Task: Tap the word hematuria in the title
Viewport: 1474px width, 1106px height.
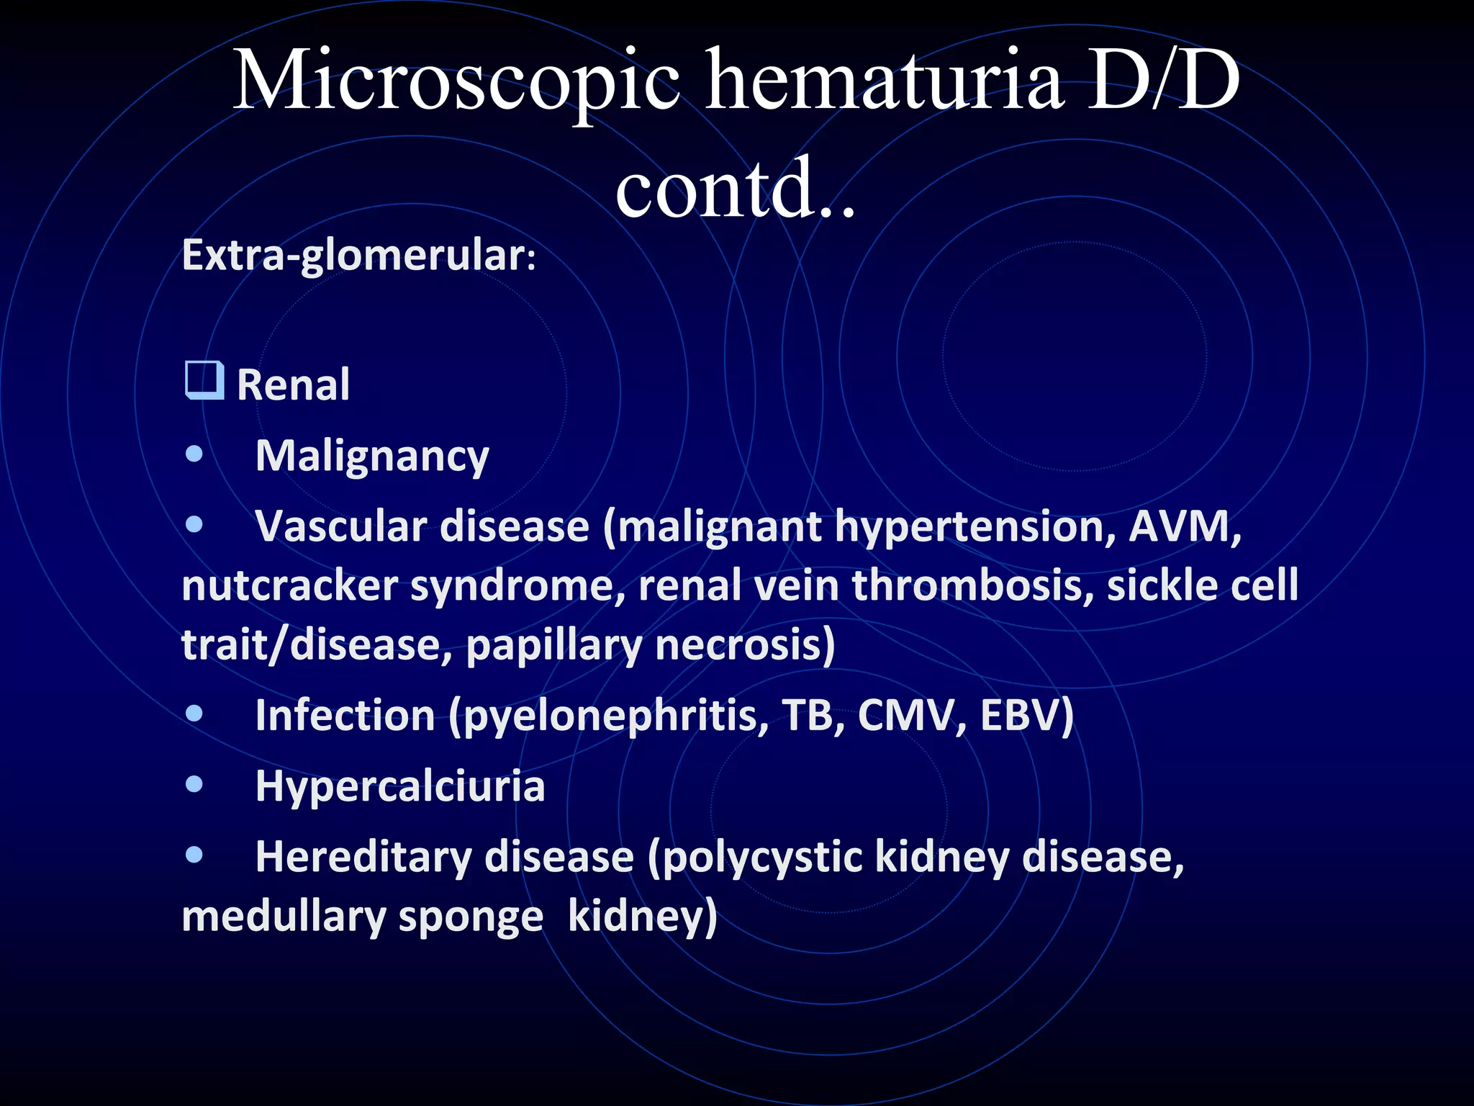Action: click(884, 81)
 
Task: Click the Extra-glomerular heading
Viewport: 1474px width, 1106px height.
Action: click(358, 255)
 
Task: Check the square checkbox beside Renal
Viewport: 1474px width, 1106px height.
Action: click(204, 381)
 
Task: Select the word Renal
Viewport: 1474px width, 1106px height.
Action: click(293, 385)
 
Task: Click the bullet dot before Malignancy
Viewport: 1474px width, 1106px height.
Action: click(194, 454)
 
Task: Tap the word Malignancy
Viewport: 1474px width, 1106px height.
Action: click(372, 457)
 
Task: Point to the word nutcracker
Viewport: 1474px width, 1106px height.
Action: click(289, 585)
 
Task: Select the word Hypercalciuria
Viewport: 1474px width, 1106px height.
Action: click(400, 786)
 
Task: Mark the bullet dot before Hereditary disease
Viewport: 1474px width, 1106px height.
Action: click(194, 855)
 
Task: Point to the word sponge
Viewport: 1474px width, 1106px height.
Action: click(470, 917)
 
